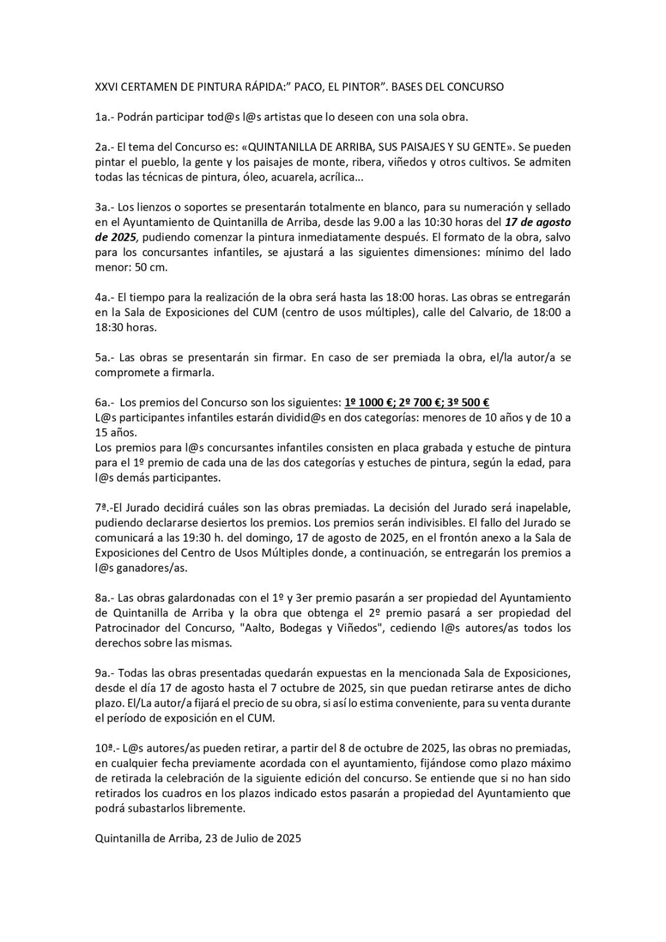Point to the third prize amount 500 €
pyautogui.click(x=471, y=403)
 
